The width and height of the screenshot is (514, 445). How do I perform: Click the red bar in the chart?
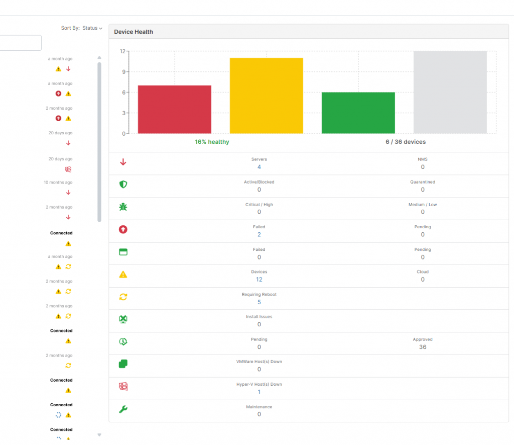pyautogui.click(x=174, y=110)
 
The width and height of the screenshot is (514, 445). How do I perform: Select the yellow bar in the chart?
pyautogui.click(x=266, y=96)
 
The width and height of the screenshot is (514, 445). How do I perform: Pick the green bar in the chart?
pyautogui.click(x=358, y=113)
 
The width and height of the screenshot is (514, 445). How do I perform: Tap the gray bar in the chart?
pyautogui.click(x=450, y=92)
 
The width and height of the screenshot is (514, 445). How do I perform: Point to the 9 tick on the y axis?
pyautogui.click(x=122, y=72)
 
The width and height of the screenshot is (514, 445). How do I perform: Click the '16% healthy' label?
pyautogui.click(x=212, y=142)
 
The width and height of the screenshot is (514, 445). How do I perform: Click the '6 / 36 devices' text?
pyautogui.click(x=406, y=142)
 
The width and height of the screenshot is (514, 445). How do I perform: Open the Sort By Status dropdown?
pyautogui.click(x=92, y=28)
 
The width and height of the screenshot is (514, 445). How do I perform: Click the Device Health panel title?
pyautogui.click(x=134, y=32)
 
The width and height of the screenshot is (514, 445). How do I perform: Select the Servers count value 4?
pyautogui.click(x=259, y=167)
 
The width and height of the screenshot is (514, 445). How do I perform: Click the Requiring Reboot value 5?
pyautogui.click(x=259, y=302)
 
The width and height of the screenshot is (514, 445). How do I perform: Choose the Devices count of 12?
pyautogui.click(x=259, y=280)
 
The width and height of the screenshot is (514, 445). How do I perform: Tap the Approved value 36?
pyautogui.click(x=423, y=347)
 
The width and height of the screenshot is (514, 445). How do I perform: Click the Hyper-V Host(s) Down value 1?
pyautogui.click(x=259, y=392)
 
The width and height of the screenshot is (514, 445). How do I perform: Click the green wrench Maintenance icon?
pyautogui.click(x=123, y=409)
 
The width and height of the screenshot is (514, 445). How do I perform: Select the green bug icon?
pyautogui.click(x=123, y=207)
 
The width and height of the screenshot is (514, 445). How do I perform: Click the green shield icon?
pyautogui.click(x=123, y=185)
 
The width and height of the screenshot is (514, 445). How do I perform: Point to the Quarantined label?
pyautogui.click(x=423, y=182)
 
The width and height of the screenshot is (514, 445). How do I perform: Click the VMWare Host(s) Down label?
pyautogui.click(x=259, y=362)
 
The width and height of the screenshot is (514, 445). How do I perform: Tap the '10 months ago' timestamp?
pyautogui.click(x=58, y=183)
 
